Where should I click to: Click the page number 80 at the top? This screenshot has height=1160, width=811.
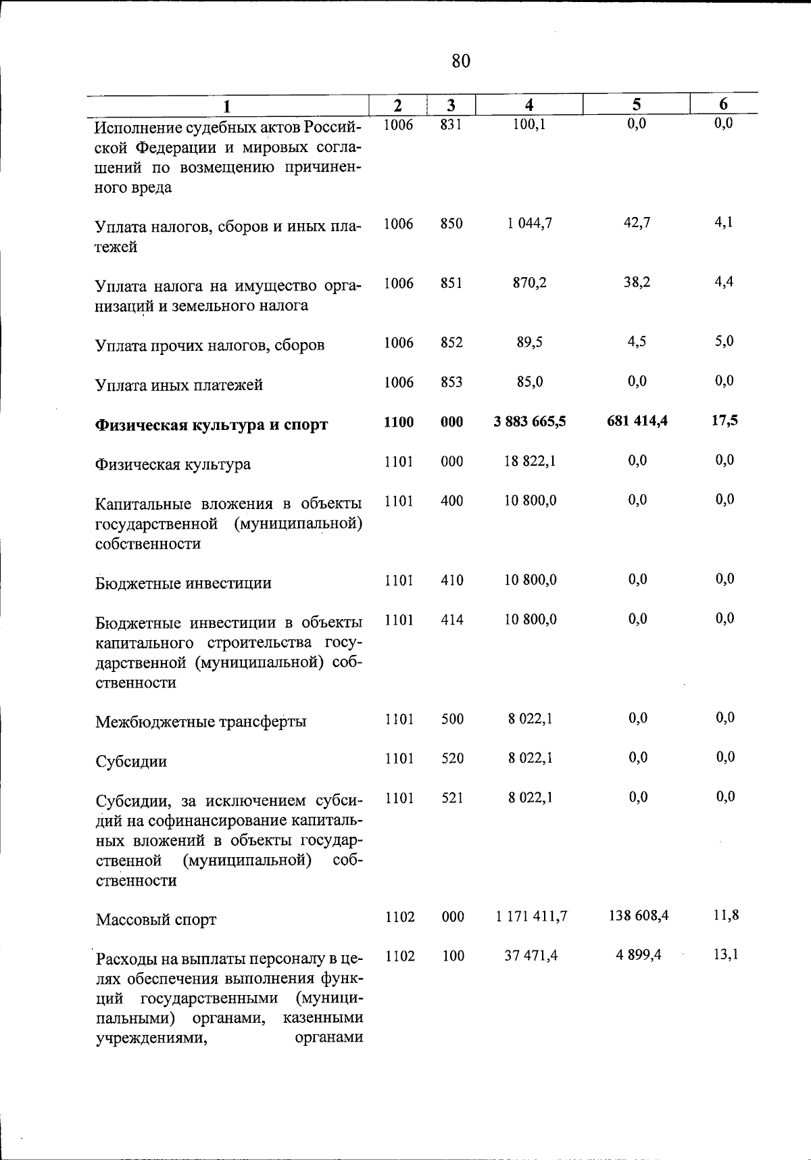tap(460, 62)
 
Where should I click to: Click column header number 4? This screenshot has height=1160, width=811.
tap(529, 104)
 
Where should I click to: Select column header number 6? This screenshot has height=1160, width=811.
tap(723, 104)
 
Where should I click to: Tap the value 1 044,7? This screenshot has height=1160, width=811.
tap(530, 223)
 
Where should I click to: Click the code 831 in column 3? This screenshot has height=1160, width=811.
tap(451, 124)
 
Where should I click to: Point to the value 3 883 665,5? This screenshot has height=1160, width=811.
tap(530, 422)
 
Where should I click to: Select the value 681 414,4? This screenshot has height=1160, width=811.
tap(637, 421)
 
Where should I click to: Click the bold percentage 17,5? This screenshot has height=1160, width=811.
tap(724, 420)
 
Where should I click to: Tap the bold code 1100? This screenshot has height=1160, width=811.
tap(399, 422)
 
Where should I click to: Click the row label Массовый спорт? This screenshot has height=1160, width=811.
tap(156, 919)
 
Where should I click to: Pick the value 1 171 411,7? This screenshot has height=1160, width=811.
tap(531, 917)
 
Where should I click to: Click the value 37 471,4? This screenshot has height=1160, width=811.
tap(531, 956)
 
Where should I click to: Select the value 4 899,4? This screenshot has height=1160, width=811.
tap(638, 955)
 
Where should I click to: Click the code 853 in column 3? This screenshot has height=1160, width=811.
tap(451, 383)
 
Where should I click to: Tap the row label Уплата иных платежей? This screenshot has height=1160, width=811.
tap(179, 385)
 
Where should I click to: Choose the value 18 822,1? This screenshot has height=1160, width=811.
tap(531, 461)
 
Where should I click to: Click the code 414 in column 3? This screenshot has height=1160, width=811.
tap(452, 619)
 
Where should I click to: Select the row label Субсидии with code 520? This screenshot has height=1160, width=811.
tap(131, 761)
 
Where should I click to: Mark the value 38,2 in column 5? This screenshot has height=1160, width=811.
tap(637, 283)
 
